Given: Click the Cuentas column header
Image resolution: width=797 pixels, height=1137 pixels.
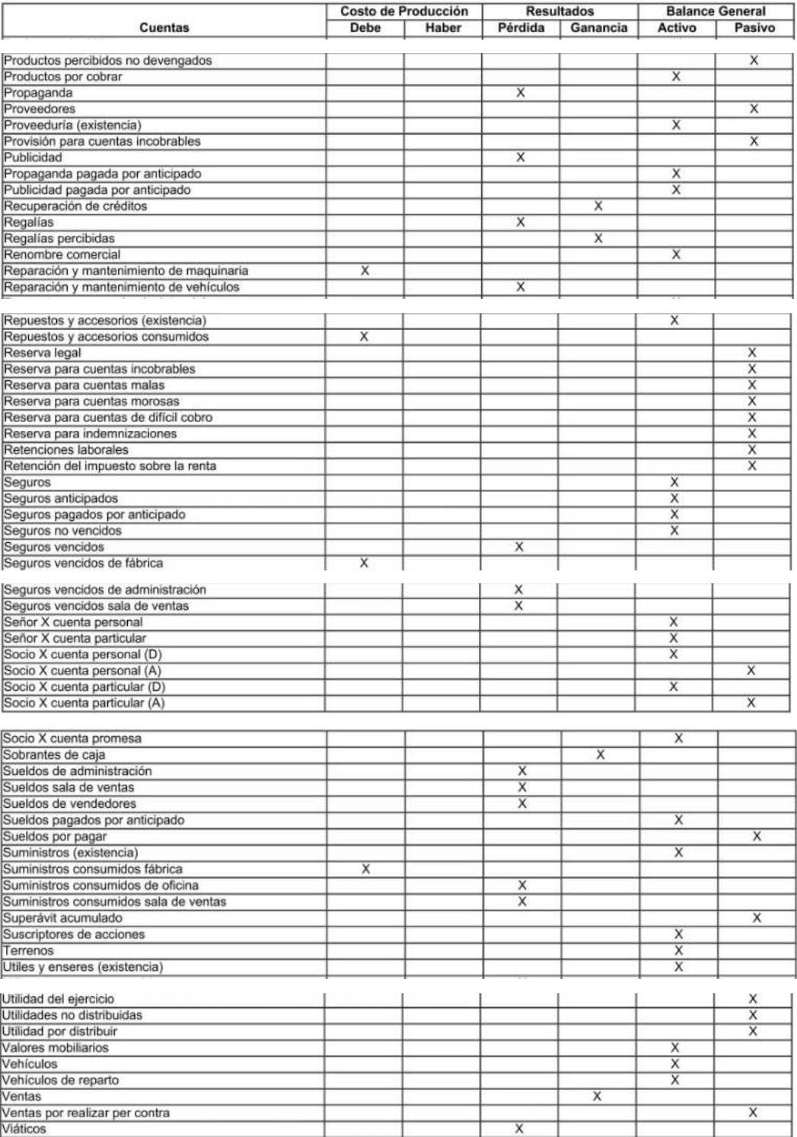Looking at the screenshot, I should (164, 28).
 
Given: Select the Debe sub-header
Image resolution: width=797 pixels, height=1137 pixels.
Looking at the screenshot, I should (365, 28).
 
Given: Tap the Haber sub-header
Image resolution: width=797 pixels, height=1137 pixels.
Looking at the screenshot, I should (443, 28).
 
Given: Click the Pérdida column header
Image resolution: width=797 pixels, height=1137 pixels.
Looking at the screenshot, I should (521, 28).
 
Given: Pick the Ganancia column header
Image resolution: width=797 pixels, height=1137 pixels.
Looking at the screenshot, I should (599, 28).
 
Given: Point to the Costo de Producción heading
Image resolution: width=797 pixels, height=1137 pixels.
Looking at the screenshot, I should (404, 11).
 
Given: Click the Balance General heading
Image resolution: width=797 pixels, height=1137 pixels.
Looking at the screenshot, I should (716, 11).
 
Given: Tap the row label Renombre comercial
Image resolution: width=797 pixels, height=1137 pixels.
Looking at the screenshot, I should (62, 255).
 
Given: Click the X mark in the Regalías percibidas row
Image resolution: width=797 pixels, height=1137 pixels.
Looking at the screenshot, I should (598, 238).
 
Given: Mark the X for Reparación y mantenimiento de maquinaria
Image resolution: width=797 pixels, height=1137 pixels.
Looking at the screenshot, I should (365, 270).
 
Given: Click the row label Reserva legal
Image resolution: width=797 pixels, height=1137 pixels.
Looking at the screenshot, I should (43, 353).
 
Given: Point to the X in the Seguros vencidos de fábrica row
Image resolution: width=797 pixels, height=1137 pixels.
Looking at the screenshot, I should (364, 563).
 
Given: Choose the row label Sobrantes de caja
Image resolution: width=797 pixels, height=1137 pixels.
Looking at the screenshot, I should (54, 755).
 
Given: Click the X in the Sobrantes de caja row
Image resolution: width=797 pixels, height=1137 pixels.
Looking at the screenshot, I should (600, 754).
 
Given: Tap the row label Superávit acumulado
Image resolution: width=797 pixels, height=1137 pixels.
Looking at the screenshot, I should (62, 918).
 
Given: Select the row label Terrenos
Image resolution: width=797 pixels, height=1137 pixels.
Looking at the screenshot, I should (29, 951).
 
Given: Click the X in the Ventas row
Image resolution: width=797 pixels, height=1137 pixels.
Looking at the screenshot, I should (598, 1096).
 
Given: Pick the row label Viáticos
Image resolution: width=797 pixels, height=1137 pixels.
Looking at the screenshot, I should (24, 1129).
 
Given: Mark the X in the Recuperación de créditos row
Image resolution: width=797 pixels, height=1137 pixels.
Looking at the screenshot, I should (598, 205).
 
